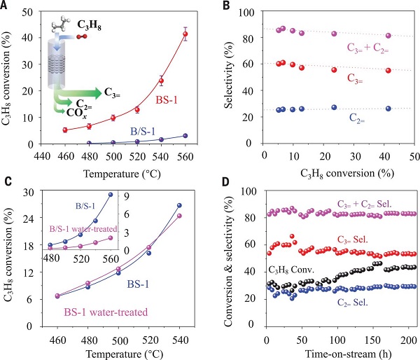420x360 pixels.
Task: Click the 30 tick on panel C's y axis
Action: coord(30,191)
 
